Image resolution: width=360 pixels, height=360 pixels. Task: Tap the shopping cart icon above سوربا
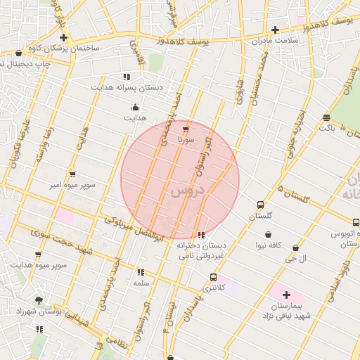[x=185, y=130]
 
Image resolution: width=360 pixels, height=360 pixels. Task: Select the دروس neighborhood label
[x=186, y=190]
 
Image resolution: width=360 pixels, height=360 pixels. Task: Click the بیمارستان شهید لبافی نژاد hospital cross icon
[x=286, y=295]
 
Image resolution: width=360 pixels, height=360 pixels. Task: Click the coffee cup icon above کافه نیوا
[x=268, y=234]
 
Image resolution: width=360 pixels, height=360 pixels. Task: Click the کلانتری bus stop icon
[x=214, y=277]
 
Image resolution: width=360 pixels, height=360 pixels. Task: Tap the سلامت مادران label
[x=276, y=41]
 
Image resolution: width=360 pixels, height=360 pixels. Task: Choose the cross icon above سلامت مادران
[x=275, y=30]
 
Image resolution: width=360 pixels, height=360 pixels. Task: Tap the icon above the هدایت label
[x=136, y=108]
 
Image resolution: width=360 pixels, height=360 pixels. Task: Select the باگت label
[x=327, y=128]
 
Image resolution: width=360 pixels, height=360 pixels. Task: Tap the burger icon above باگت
[x=326, y=117]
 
